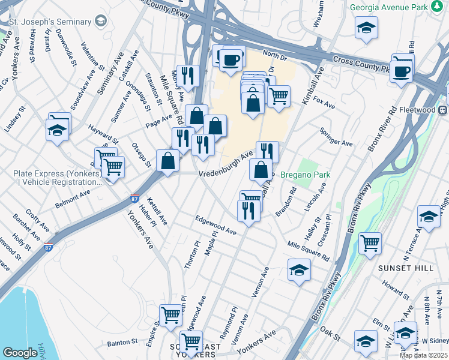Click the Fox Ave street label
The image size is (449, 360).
pos(324,102)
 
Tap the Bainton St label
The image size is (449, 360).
pos(122,343)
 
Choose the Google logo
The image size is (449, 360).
pos(20,353)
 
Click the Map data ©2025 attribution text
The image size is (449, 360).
pos(423,355)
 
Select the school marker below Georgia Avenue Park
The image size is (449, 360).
pos(366,28)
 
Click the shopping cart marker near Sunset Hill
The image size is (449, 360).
pos(370,243)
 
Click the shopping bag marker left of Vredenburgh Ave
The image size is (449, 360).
pos(167,161)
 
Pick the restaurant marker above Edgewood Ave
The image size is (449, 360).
pos(247,211)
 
